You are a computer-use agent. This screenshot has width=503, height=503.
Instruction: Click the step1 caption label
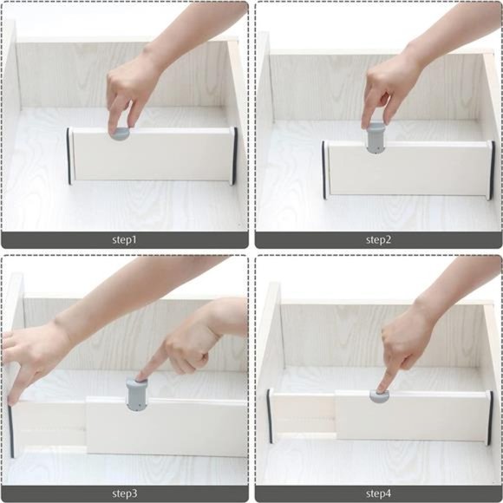pyautogui.click(x=124, y=239)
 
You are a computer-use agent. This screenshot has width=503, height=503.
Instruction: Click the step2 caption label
pyautogui.click(x=378, y=239)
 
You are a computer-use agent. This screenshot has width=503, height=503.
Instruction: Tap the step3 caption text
pyautogui.click(x=124, y=493)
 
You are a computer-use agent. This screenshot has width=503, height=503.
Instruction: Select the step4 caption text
pyautogui.click(x=378, y=493)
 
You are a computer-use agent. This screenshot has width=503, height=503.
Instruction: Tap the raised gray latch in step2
pyautogui.click(x=375, y=139)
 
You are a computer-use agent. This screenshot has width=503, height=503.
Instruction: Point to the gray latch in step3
pyautogui.click(x=137, y=394)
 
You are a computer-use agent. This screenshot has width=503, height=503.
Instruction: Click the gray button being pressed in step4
pyautogui.click(x=379, y=395)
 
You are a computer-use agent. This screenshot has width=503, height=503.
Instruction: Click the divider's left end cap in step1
pyautogui.click(x=69, y=156)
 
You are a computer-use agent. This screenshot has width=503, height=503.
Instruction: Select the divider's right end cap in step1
pyautogui.click(x=233, y=156)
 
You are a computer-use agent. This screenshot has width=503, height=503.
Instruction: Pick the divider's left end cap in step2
pyautogui.click(x=325, y=168)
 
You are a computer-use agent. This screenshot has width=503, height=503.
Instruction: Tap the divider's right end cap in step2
pyautogui.click(x=491, y=170)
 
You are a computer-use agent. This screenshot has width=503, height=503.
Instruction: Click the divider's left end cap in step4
pyautogui.click(x=269, y=416)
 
